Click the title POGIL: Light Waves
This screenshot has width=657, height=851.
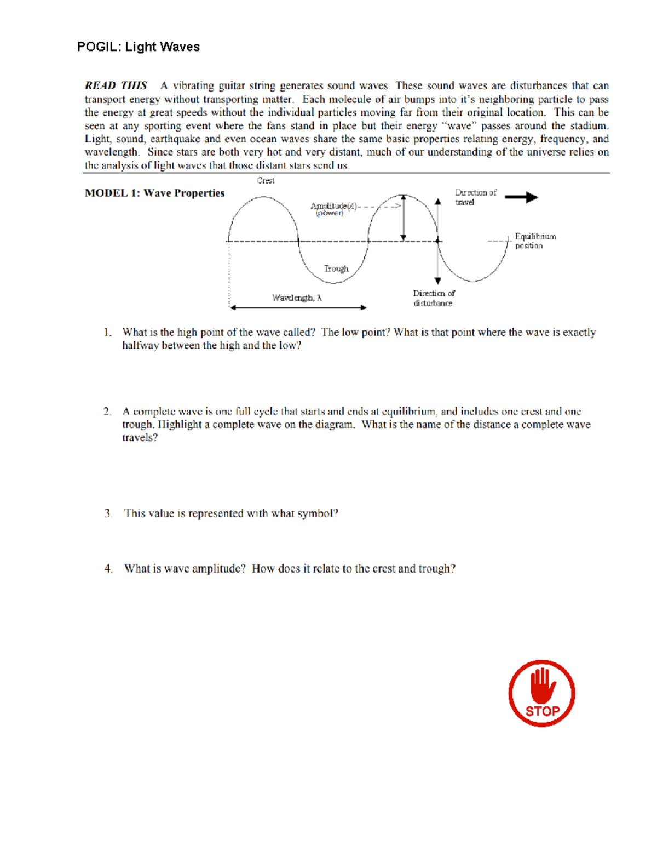click(138, 47)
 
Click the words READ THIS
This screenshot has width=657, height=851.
click(116, 85)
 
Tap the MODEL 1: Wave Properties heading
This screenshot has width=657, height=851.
click(154, 193)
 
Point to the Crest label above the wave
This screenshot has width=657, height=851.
click(266, 180)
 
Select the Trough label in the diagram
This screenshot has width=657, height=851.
click(336, 269)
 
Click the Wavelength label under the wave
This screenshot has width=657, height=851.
click(297, 298)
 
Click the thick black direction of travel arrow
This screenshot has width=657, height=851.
click(521, 197)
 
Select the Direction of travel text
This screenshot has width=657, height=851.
click(475, 197)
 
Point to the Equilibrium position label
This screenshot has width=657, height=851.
click(535, 241)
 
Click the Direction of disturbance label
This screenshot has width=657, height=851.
click(433, 298)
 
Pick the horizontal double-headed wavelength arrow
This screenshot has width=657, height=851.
click(298, 307)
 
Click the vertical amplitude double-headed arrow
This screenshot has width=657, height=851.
click(404, 218)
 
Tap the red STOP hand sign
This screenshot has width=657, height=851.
click(541, 693)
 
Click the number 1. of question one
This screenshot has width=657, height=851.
click(108, 332)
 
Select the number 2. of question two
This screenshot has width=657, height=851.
click(107, 411)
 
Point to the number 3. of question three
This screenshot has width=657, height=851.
click(108, 513)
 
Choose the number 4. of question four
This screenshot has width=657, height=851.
click(108, 569)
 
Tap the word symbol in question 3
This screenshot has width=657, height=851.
click(318, 513)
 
